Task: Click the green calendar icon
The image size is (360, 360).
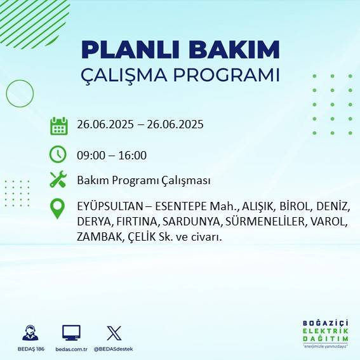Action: [x=58, y=126]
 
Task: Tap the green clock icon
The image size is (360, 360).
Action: [x=58, y=154]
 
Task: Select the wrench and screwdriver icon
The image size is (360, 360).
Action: [x=58, y=180]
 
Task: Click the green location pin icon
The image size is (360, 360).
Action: [x=58, y=209]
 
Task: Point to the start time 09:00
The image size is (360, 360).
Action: [x=90, y=155]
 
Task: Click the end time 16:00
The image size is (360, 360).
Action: [x=134, y=155]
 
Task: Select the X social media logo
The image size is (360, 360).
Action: [x=114, y=332]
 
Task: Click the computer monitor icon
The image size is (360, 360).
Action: [x=71, y=332]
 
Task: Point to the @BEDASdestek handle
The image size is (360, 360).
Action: [x=115, y=349]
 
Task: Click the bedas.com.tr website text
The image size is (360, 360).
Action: [x=71, y=349]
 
